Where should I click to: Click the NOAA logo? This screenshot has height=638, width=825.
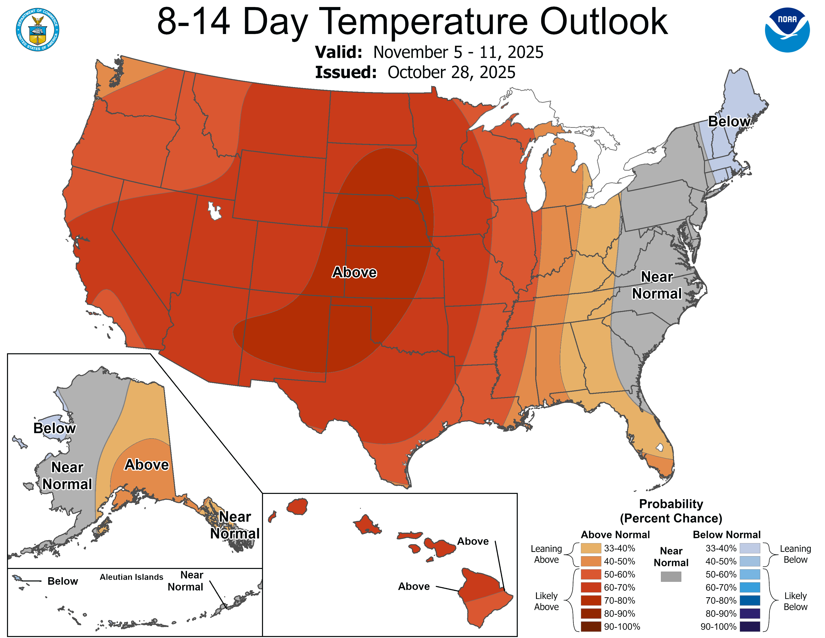click(787, 30)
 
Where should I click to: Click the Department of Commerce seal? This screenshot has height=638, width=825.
click(37, 30)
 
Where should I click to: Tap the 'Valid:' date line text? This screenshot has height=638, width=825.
click(429, 52)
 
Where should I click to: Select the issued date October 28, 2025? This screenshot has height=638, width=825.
click(451, 72)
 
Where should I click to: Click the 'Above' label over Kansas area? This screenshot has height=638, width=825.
click(354, 272)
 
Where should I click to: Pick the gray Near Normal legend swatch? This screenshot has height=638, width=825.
click(671, 576)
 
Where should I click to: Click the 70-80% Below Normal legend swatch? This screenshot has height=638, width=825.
click(750, 600)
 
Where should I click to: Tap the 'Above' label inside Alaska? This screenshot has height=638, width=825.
click(146, 465)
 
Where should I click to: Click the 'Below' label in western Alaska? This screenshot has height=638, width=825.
click(54, 429)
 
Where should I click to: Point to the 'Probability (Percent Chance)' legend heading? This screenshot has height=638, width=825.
click(671, 511)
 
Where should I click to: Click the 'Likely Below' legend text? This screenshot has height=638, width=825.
click(795, 601)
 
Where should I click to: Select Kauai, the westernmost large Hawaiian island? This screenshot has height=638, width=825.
click(297, 506)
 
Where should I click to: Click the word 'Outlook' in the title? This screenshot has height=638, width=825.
click(604, 22)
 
